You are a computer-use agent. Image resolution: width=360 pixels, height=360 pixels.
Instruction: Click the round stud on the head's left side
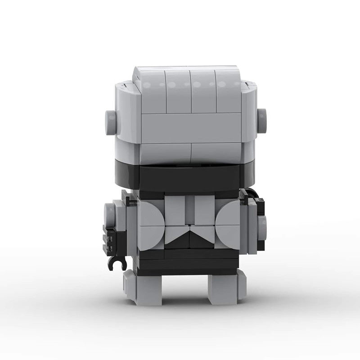(110, 122)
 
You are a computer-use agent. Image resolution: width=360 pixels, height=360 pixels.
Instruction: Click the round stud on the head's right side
(261, 121)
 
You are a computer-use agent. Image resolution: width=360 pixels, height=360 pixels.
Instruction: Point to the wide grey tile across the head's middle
(191, 128)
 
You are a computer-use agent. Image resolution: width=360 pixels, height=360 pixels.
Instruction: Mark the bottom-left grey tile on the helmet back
(165, 153)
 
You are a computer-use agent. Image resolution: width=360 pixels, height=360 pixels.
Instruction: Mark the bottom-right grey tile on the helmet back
(216, 153)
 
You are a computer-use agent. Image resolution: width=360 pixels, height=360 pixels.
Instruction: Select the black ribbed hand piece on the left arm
(110, 238)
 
